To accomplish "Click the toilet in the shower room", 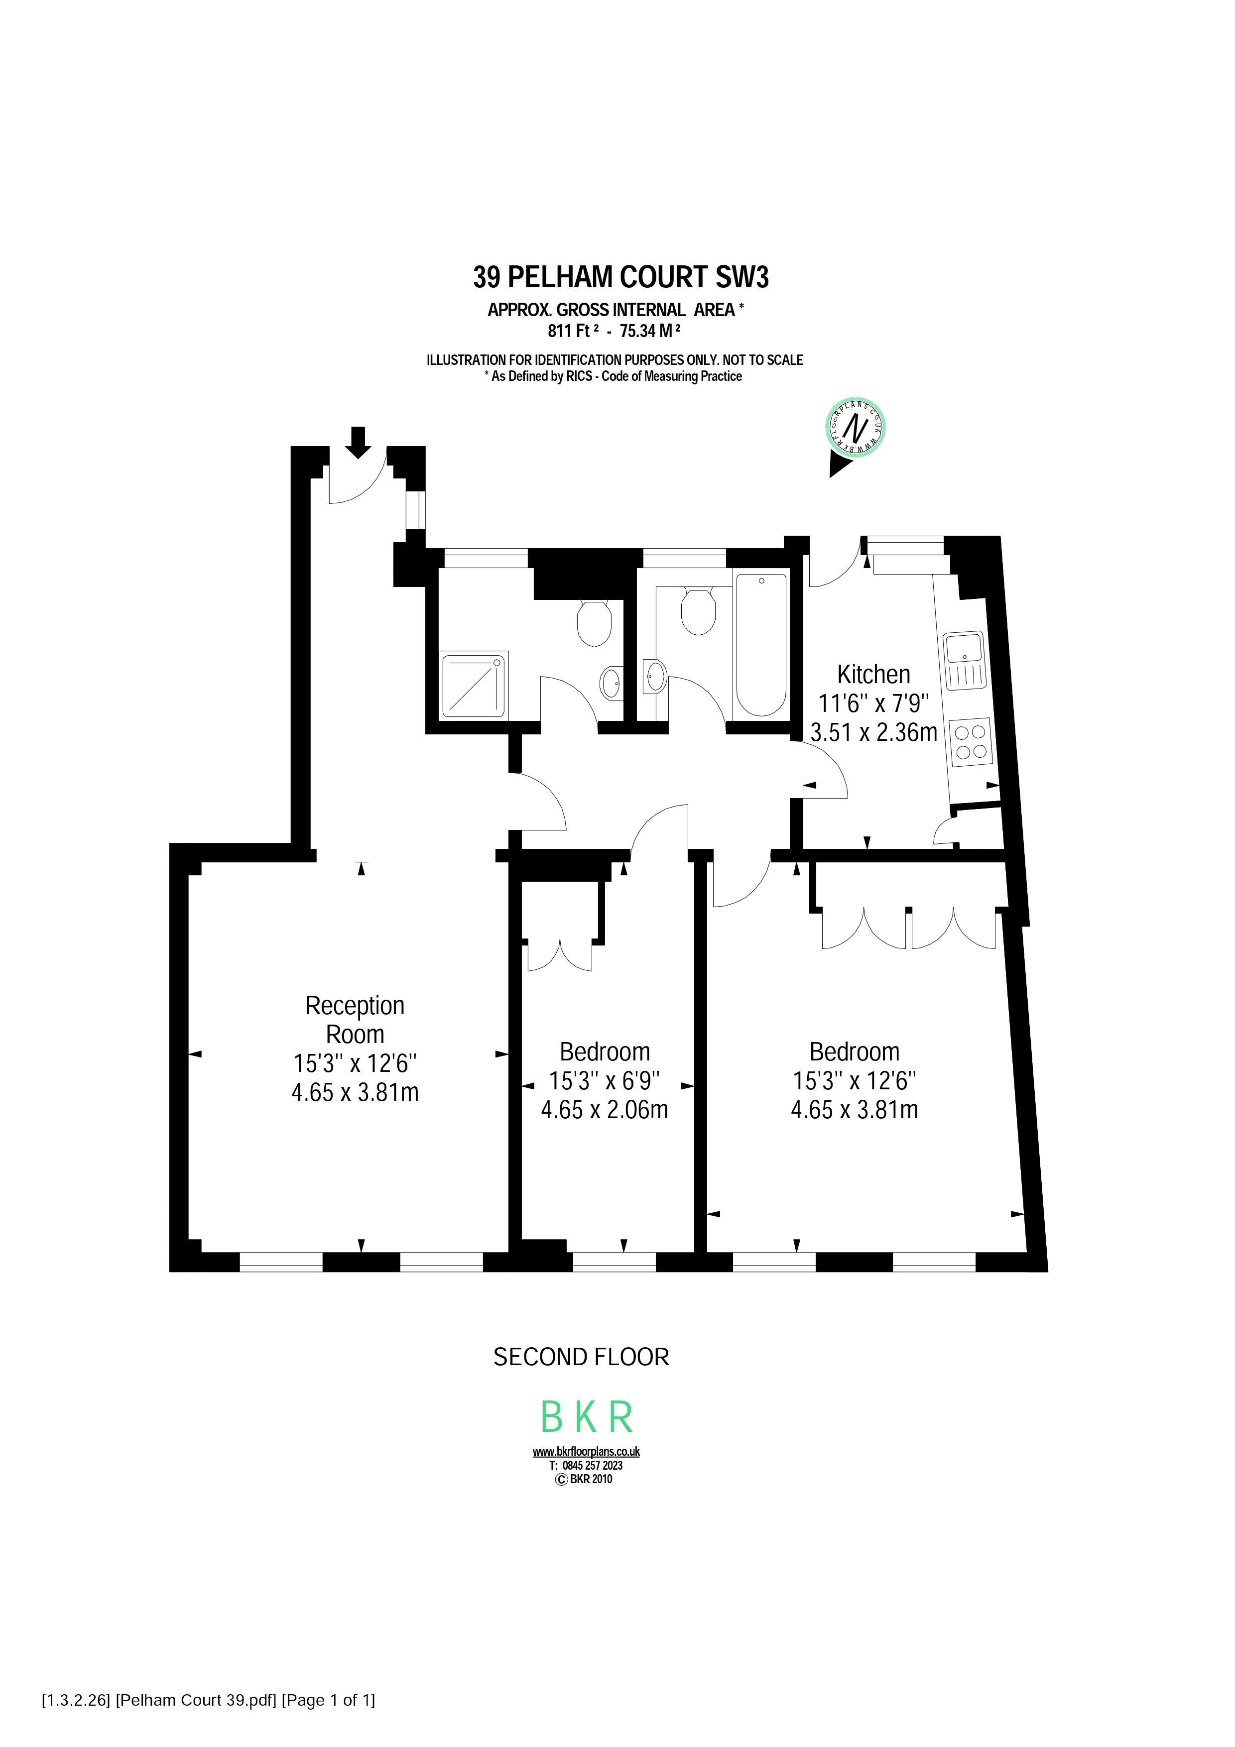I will point(594,622).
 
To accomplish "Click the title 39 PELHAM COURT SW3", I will point(621,277).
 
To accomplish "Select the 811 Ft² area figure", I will point(573,331).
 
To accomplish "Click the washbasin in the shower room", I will point(610,683).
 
